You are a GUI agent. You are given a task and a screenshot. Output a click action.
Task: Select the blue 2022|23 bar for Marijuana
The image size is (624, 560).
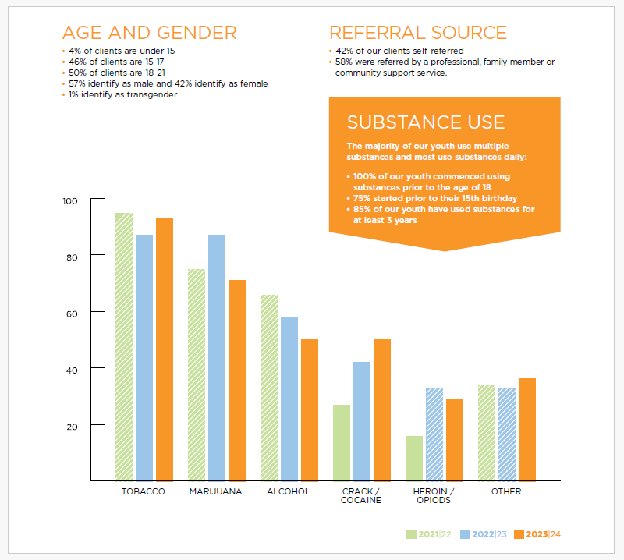217,357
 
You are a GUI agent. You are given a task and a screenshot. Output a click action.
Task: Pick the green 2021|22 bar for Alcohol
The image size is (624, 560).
269,387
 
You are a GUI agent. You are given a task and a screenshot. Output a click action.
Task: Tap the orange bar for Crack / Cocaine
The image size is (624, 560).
381,409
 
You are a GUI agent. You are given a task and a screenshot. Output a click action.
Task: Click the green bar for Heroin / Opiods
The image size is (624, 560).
413,458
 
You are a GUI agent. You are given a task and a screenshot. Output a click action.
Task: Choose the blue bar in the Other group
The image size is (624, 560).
506,434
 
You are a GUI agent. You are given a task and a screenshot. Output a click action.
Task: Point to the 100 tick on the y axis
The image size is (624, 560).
70,201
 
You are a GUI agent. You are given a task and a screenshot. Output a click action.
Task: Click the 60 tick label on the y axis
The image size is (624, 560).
72,313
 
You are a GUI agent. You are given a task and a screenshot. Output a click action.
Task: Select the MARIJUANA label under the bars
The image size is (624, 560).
215,492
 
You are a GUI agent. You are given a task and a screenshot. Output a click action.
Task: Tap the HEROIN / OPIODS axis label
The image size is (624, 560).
433,496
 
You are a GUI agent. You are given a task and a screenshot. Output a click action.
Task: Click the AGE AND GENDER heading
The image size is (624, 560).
149,33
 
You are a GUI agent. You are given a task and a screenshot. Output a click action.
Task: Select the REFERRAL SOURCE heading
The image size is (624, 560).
418,33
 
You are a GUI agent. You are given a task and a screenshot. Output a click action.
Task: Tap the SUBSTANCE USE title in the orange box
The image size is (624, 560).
425,122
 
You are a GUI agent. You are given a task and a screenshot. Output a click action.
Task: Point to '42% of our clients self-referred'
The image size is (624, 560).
399,51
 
